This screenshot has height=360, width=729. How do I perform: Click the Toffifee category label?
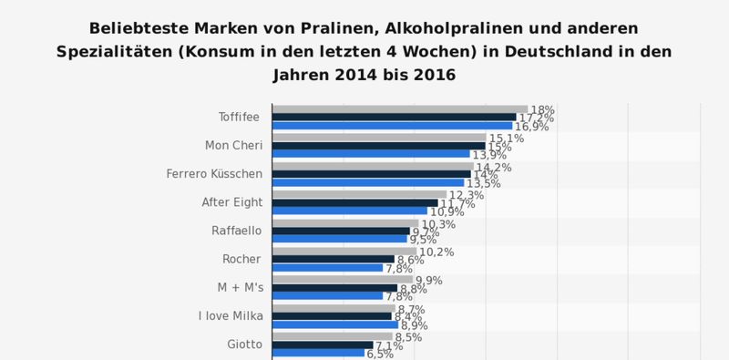tap(239, 118)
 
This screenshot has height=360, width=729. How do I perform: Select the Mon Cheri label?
tap(234, 146)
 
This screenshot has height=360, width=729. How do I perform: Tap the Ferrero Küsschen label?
tap(214, 174)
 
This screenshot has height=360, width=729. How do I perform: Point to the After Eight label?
tap(231, 202)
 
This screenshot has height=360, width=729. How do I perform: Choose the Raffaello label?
tap(237, 231)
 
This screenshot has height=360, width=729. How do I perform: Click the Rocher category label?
tap(242, 259)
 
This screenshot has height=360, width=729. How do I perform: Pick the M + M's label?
tap(235, 287)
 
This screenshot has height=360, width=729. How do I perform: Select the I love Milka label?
tap(231, 316)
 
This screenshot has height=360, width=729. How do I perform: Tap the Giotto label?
tap(244, 345)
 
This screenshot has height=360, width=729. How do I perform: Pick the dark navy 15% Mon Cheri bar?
tap(378, 146)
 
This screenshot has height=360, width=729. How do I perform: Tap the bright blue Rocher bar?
tap(327, 268)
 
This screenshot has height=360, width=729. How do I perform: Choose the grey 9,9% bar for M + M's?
tap(343, 280)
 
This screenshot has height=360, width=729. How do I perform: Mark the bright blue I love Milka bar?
tap(334, 324)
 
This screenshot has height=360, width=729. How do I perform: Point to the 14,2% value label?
tap(493, 168)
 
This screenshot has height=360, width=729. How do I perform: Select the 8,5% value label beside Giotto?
tap(410, 337)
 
